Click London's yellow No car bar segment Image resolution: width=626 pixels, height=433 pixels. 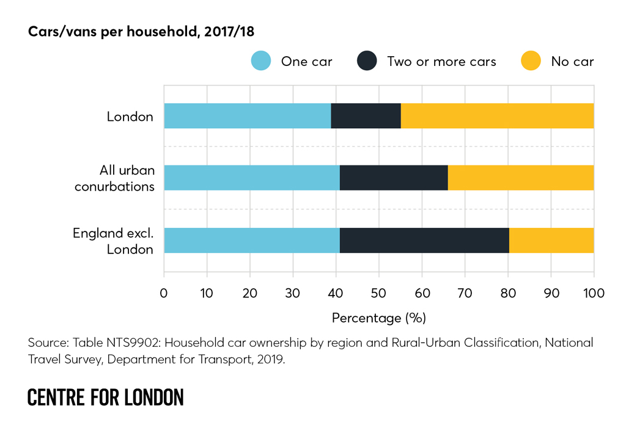click(497, 115)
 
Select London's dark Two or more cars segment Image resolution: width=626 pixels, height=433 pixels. click(366, 115)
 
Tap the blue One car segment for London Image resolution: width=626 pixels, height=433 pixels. click(247, 115)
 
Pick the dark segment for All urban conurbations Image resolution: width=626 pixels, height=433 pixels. click(394, 178)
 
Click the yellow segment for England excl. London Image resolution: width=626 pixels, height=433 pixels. click(551, 240)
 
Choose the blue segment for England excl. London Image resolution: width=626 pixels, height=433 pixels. click(252, 240)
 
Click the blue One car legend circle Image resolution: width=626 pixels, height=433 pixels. click(261, 61)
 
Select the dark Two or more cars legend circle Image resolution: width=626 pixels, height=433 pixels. click(367, 61)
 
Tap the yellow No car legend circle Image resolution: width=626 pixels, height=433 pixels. click(531, 61)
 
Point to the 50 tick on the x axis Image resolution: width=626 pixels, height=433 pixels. click(379, 293)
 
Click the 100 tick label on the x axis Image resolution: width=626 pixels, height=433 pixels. click(594, 293)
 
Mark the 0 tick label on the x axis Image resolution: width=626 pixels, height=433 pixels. click(164, 293)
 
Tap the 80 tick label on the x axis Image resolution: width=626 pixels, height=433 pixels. click(508, 293)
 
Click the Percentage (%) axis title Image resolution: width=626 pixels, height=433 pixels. click(378, 318)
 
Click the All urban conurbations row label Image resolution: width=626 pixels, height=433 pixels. click(115, 178)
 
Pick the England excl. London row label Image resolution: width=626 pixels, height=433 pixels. click(113, 241)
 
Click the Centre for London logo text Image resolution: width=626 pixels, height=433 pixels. click(105, 398)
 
